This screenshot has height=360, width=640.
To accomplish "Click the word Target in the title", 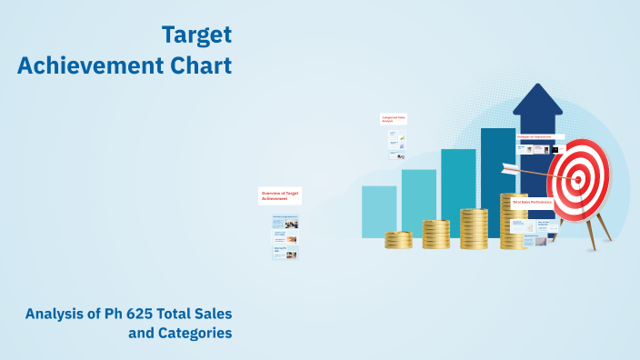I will click(x=196, y=35).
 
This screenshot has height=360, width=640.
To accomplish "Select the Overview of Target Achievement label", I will click(x=280, y=195).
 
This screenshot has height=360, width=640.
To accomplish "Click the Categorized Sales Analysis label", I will click(x=393, y=118).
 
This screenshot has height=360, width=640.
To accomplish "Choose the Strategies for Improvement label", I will click(x=536, y=137).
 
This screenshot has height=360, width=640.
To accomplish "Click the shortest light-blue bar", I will click(x=379, y=211).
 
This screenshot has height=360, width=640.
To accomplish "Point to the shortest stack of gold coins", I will click(x=398, y=239).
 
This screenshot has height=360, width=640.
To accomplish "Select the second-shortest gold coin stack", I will click(x=436, y=234).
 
